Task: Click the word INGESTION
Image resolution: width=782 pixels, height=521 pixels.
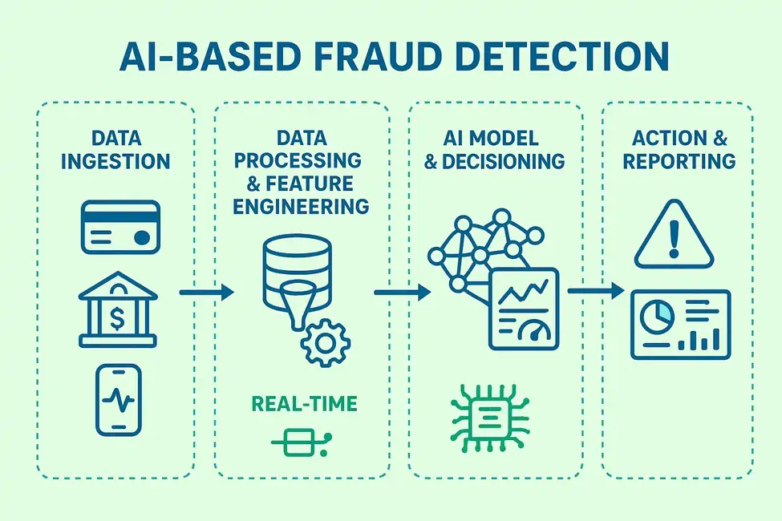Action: click(x=116, y=160)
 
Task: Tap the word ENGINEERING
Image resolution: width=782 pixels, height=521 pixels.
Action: click(x=294, y=206)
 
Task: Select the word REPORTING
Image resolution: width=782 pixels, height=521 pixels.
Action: click(x=679, y=160)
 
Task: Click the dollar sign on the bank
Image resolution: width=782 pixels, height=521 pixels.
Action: click(x=118, y=319)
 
